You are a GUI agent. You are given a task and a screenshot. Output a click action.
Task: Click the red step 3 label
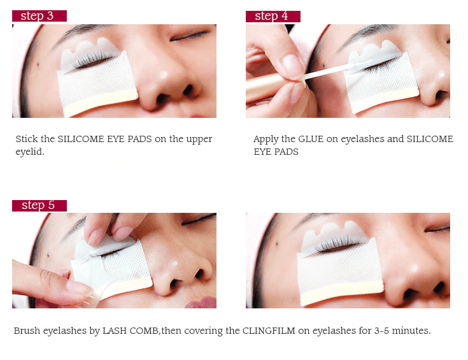click(x=39, y=16)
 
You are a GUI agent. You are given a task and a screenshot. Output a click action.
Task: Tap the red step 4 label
click(x=273, y=16)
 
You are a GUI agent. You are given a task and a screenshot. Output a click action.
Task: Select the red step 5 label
click(x=39, y=205)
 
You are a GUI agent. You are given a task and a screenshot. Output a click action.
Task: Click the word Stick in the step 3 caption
click(x=26, y=139)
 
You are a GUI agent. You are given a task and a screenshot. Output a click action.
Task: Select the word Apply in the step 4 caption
click(x=266, y=140)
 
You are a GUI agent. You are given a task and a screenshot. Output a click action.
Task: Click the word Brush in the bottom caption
click(x=26, y=331)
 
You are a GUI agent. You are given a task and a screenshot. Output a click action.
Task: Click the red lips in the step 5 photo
click(x=202, y=301)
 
